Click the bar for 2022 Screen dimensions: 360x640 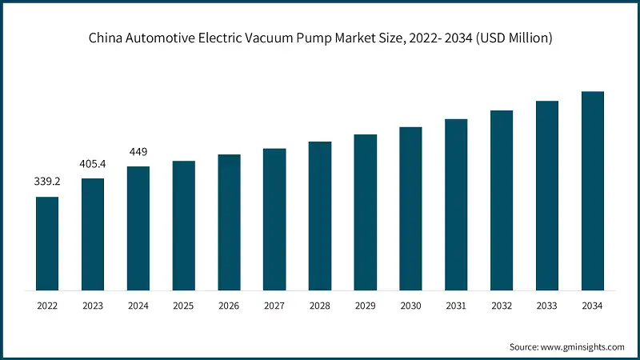(x=47, y=243)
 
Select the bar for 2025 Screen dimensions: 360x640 (x=183, y=226)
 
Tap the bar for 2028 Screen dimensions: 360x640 (x=320, y=216)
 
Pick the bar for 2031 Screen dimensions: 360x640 (x=456, y=205)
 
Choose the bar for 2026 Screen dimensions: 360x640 (x=229, y=222)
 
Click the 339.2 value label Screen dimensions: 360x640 (x=46, y=182)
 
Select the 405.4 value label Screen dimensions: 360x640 (x=92, y=164)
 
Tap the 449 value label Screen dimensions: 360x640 (x=138, y=152)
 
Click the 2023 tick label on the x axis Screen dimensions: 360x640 (x=92, y=306)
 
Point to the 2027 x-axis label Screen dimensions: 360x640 (x=274, y=306)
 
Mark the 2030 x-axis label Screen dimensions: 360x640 (x=410, y=306)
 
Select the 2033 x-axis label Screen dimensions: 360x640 (x=546, y=306)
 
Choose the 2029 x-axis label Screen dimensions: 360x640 (x=365, y=306)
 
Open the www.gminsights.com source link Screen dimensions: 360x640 (x=582, y=346)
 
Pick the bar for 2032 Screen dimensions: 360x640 (x=502, y=200)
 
